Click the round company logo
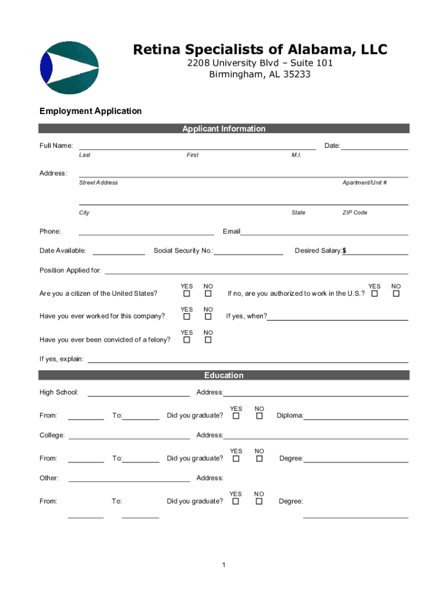(x=69, y=68)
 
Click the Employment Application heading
(x=90, y=111)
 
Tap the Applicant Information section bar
(x=224, y=129)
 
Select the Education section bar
(x=224, y=375)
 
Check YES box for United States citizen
(x=187, y=294)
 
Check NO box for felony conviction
(x=208, y=340)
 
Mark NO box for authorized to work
(x=396, y=294)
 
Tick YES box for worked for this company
(x=187, y=317)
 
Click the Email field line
(x=324, y=233)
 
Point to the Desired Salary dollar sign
(x=344, y=251)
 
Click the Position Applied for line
(x=256, y=272)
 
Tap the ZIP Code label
(x=354, y=212)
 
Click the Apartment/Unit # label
(x=365, y=182)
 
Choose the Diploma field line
(x=355, y=418)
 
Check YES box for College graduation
(x=236, y=459)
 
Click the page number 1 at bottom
(x=224, y=565)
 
